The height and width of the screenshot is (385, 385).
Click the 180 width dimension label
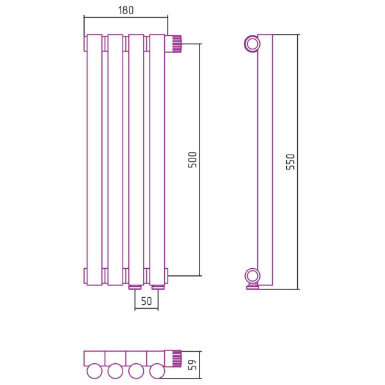[126, 10]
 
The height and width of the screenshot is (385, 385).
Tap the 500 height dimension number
[193, 160]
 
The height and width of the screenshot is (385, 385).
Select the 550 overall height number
[290, 162]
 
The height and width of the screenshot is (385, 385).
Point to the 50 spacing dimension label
[146, 301]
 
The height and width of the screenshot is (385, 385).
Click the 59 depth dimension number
[193, 364]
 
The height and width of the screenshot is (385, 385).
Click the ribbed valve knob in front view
[177, 44]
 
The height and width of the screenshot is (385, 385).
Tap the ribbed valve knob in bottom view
[177, 359]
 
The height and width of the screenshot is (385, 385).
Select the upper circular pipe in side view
[252, 44]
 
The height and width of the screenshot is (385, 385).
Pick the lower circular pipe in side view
[252, 277]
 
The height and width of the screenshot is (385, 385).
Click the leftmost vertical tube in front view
[94, 160]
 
